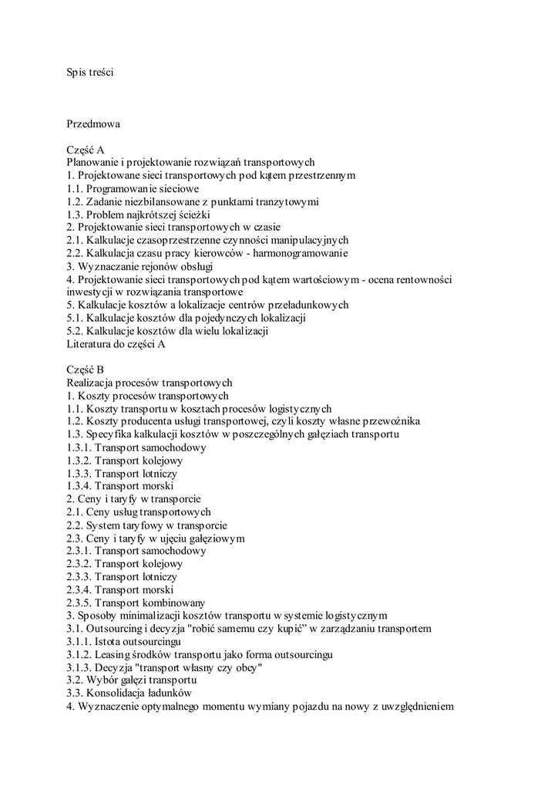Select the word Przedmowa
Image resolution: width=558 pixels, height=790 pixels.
(93, 123)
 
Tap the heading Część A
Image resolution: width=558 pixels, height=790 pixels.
(86, 150)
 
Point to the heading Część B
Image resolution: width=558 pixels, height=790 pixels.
(86, 370)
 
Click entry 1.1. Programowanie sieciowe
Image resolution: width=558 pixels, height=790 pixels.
(133, 188)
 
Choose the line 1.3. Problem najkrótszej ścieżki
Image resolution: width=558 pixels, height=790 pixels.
(139, 214)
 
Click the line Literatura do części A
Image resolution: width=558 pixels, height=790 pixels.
(116, 344)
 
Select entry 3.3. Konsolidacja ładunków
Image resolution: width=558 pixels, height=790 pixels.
(129, 694)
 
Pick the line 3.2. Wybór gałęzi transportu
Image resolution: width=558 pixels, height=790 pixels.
(132, 680)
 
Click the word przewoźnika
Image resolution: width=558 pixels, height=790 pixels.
(388, 421)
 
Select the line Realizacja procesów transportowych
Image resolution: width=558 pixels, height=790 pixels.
(150, 383)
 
